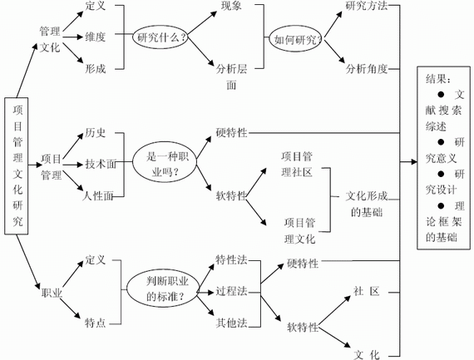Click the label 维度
click(x=95, y=37)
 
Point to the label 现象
click(x=231, y=6)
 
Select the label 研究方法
click(x=367, y=6)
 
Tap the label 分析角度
click(x=367, y=69)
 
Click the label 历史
click(x=95, y=132)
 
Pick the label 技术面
click(x=101, y=164)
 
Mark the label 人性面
click(x=97, y=196)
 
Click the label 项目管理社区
click(x=297, y=165)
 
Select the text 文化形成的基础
click(x=367, y=204)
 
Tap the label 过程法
click(x=231, y=291)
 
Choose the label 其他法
click(x=231, y=323)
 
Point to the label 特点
click(x=95, y=323)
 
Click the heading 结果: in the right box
click(x=438, y=79)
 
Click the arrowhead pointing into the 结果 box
click(x=414, y=162)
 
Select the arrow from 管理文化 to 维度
click(x=72, y=37)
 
